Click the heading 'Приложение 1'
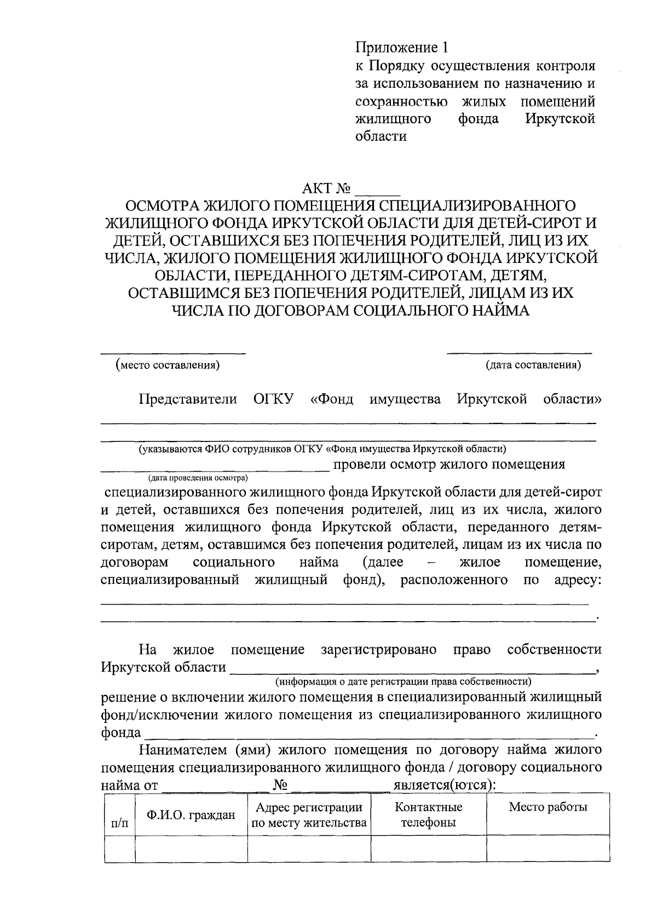(x=402, y=48)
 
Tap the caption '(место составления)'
(x=168, y=365)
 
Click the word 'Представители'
(x=188, y=399)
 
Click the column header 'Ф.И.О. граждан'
(x=191, y=814)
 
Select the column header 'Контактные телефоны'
(x=428, y=814)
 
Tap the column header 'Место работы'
(x=548, y=807)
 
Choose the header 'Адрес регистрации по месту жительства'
(x=309, y=814)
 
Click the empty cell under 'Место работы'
(x=548, y=849)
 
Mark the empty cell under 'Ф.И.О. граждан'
(x=191, y=849)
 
